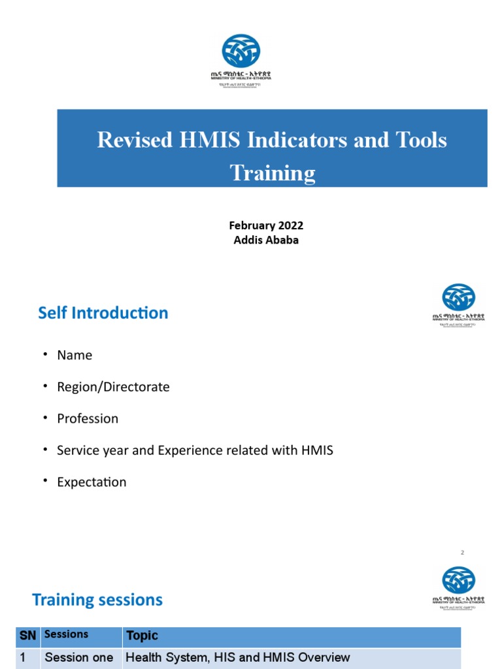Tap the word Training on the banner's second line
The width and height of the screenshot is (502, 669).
tap(273, 172)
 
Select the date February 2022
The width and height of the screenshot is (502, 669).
tap(266, 225)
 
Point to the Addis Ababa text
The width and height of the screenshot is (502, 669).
tap(266, 240)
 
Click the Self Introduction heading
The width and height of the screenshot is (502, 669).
tap(103, 313)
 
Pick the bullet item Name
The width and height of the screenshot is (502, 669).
tap(75, 355)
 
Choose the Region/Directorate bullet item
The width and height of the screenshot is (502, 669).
tap(113, 387)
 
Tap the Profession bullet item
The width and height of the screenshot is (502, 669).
tap(88, 419)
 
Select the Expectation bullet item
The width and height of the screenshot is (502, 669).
tap(92, 482)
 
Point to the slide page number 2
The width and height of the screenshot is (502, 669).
tap(462, 553)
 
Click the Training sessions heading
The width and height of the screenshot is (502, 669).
tap(97, 600)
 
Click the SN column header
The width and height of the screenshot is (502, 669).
tap(27, 636)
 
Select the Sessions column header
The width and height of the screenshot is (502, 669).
tap(66, 634)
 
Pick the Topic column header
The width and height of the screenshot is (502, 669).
tap(142, 636)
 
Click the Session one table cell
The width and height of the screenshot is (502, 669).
tap(78, 658)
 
